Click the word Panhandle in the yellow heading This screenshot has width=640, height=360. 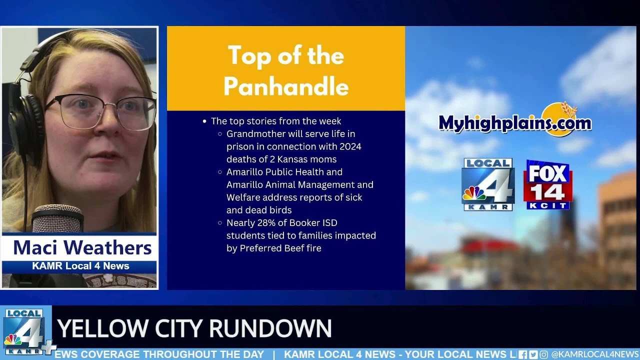(286, 87)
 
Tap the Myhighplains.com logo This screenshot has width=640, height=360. (515, 121)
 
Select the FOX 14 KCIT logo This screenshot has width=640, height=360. (547, 185)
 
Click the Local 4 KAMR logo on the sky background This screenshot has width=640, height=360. (488, 184)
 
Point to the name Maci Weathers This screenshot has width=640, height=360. (82, 247)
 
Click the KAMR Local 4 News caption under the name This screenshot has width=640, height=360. (80, 266)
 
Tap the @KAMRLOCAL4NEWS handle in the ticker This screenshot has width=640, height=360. (595, 354)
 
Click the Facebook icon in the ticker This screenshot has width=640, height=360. (523, 354)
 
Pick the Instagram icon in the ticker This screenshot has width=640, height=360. (543, 354)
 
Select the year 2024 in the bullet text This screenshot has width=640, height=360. (349, 146)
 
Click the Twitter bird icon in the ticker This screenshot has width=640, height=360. (533, 354)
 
